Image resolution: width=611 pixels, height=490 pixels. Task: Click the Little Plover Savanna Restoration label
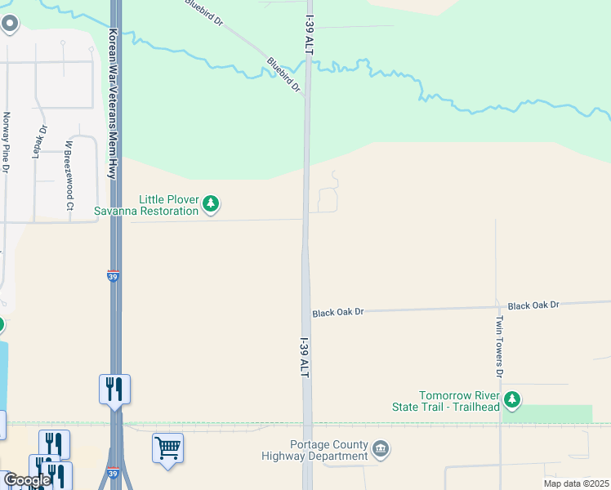click(x=168, y=205)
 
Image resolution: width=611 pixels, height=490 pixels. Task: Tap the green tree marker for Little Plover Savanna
click(x=211, y=203)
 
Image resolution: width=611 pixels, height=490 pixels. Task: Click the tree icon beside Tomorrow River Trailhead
click(x=512, y=399)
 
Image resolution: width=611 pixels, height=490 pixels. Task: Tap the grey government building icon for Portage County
click(x=381, y=448)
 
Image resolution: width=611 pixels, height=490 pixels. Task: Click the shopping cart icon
click(x=167, y=448)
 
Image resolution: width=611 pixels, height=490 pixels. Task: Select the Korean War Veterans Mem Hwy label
click(x=113, y=105)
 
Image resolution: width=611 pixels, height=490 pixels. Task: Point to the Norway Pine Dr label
click(x=6, y=142)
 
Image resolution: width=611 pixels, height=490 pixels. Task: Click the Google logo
click(x=27, y=480)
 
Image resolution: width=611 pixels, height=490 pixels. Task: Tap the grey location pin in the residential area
click(x=10, y=24)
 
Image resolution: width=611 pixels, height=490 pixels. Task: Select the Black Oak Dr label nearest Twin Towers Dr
click(x=533, y=305)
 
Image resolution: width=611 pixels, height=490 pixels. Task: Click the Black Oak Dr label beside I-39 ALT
click(x=337, y=313)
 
